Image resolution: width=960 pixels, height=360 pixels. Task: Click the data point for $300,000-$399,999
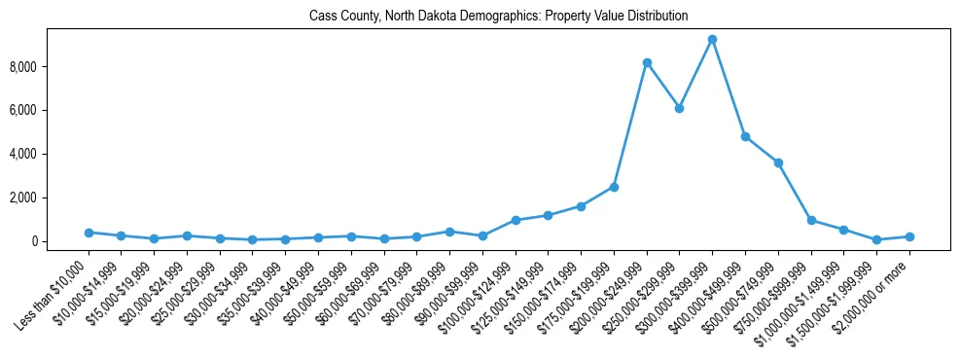[x=712, y=40]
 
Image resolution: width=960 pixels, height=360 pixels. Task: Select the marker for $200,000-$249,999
[x=647, y=62]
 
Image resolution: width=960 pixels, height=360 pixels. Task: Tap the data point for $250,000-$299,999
[x=680, y=108]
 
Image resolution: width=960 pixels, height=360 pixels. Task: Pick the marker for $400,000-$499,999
[x=745, y=137]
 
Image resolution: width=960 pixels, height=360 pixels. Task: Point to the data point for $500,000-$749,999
[x=778, y=162]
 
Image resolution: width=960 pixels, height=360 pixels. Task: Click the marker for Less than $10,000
[x=89, y=233]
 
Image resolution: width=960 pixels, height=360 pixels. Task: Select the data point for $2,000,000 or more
[x=909, y=236]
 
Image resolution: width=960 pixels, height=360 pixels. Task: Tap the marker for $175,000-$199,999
[x=614, y=187]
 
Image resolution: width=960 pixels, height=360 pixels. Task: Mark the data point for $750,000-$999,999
[x=811, y=220]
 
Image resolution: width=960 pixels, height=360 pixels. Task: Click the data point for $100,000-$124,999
[x=516, y=220]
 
